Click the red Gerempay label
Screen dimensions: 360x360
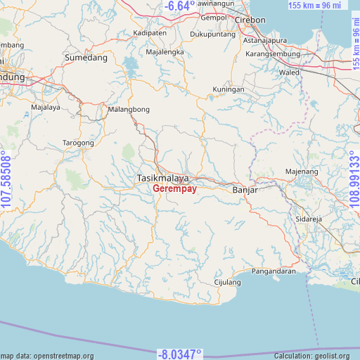coord(174,189)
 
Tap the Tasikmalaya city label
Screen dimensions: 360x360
coord(162,179)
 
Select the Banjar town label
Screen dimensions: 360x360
coord(245,190)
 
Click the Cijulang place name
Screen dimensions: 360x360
coord(227,282)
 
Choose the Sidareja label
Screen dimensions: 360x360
coord(308,219)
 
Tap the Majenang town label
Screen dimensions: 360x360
coord(302,172)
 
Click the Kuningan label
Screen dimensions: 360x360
coord(229,89)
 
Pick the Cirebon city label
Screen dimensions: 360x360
coord(251,20)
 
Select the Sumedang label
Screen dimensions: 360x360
coord(86,58)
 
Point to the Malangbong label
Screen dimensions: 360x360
coord(129,110)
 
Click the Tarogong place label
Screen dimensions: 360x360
coord(79,143)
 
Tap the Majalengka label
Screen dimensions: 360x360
coord(165,52)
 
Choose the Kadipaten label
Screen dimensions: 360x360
coord(150,32)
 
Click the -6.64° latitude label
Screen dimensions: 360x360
coord(179,6)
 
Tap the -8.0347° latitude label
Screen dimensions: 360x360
coord(179,353)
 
